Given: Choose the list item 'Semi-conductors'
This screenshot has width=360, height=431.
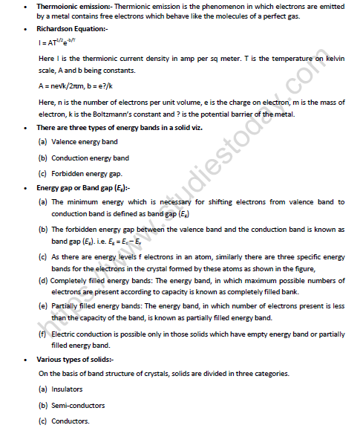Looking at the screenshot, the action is [79, 405].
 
